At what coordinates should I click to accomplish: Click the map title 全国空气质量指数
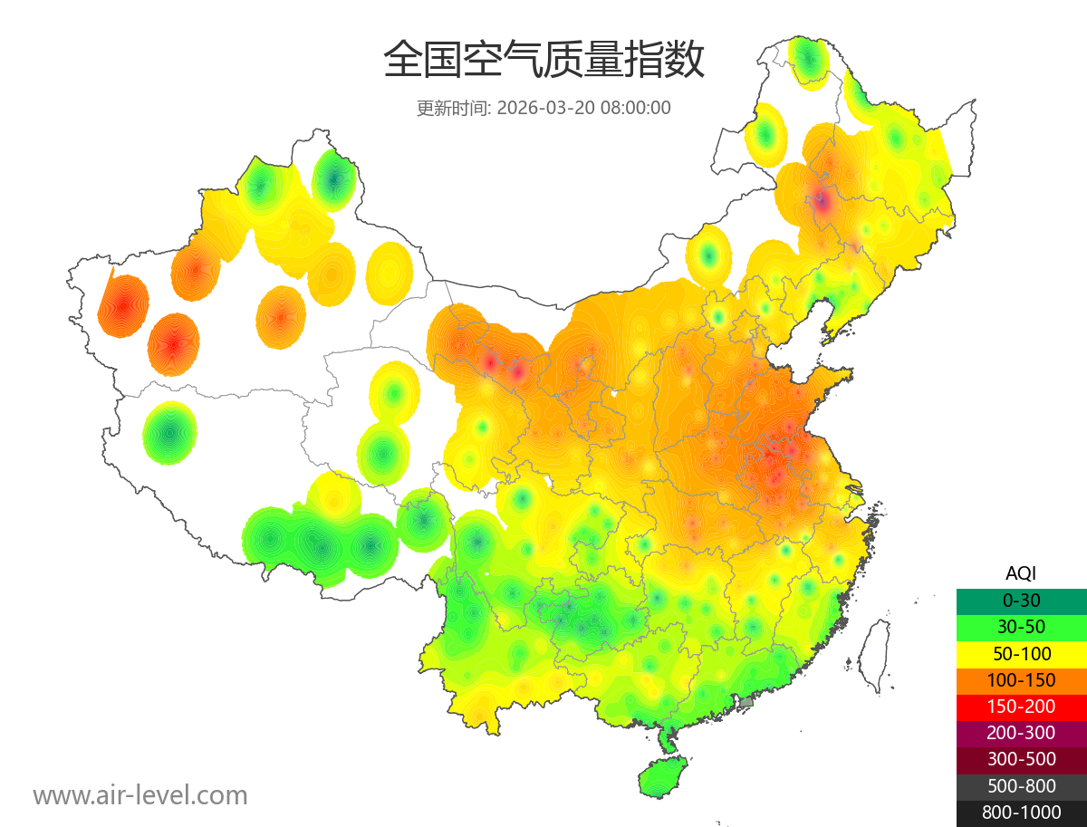[x=543, y=61]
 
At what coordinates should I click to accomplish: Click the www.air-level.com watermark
[x=140, y=795]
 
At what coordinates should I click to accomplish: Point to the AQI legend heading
[x=1021, y=572]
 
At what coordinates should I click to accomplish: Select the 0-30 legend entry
[x=1021, y=601]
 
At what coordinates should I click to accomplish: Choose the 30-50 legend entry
[x=1021, y=627]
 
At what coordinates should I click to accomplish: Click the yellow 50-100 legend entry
[x=1021, y=653]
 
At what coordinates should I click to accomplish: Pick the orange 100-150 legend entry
[x=1021, y=680]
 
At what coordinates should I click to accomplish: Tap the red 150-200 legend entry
[x=1021, y=707]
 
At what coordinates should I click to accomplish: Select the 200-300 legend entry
[x=1021, y=733]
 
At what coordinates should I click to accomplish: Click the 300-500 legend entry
[x=1021, y=759]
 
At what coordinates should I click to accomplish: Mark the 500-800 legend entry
[x=1021, y=785]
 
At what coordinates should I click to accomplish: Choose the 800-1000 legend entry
[x=1021, y=813]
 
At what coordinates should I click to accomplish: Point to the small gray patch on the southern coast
[x=746, y=702]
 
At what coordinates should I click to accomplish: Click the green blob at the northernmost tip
[x=808, y=60]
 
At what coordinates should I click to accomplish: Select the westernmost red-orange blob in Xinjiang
[x=122, y=306]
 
